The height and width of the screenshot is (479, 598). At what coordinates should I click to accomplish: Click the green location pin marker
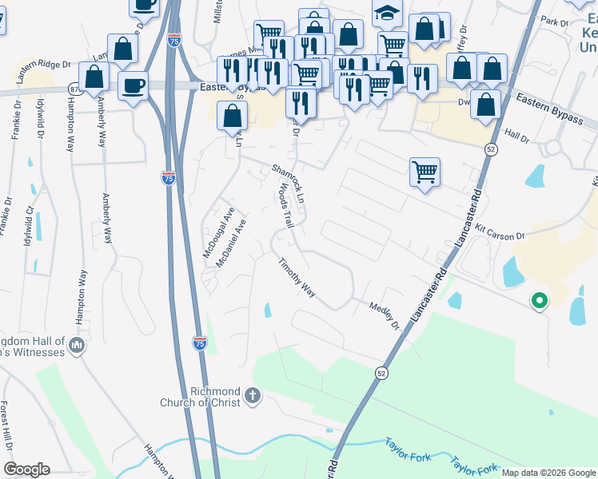pos(540,301)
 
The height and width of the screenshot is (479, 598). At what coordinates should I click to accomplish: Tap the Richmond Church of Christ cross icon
pos(252,394)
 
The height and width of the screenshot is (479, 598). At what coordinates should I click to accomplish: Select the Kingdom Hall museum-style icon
pos(78,345)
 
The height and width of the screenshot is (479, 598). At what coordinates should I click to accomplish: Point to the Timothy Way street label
pos(297,277)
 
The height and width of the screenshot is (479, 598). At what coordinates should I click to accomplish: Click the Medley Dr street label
pos(384,315)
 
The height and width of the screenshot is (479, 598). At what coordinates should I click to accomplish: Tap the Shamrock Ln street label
pos(289,183)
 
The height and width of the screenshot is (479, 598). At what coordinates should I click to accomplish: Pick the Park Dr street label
pos(553,20)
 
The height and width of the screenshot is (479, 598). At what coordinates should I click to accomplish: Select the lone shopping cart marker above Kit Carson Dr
pos(425,172)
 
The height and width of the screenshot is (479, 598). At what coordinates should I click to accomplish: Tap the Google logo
pos(26,469)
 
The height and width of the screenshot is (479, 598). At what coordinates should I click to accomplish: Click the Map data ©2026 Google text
pos(548,473)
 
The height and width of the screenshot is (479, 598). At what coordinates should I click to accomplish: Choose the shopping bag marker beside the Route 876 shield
pos(94,79)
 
